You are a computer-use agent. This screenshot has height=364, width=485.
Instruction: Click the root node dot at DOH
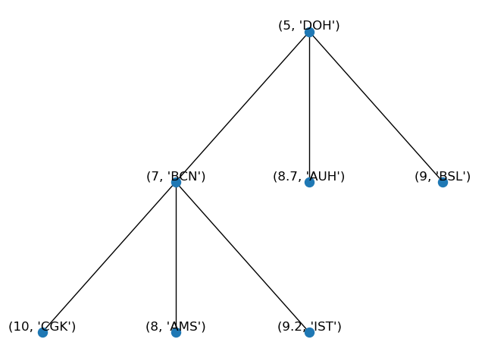point(309,32)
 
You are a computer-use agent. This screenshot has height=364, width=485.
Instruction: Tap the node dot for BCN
point(176,182)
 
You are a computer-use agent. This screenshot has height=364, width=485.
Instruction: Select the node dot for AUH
point(309,182)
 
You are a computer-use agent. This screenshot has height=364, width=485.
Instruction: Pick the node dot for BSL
point(443,182)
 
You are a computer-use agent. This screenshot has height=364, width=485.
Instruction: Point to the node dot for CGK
point(42,332)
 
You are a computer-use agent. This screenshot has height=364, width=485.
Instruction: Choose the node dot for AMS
point(176,332)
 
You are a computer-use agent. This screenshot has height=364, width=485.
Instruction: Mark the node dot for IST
point(309,332)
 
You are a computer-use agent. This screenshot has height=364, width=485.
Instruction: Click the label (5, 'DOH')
point(309,25)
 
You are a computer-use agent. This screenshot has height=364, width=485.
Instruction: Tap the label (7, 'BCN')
point(176,176)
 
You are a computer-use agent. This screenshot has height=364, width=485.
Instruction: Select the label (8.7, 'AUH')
point(309,176)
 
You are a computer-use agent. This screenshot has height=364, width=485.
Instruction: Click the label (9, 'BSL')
point(443,176)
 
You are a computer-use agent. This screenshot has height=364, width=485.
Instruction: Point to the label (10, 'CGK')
point(42,326)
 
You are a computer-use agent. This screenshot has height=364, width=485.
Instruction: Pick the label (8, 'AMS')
point(176,326)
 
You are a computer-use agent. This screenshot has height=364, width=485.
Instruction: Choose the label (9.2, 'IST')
point(309,326)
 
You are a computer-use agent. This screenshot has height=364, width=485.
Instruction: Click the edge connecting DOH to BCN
point(242,107)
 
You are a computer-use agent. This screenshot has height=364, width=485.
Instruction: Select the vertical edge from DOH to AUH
point(309,107)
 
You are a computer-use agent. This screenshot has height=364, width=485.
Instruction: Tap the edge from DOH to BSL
point(376,107)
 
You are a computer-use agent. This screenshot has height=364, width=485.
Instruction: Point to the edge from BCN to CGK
point(109,257)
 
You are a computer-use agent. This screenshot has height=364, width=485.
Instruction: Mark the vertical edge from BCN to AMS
point(176,257)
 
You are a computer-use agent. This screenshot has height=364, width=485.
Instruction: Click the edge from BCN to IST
point(242,257)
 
